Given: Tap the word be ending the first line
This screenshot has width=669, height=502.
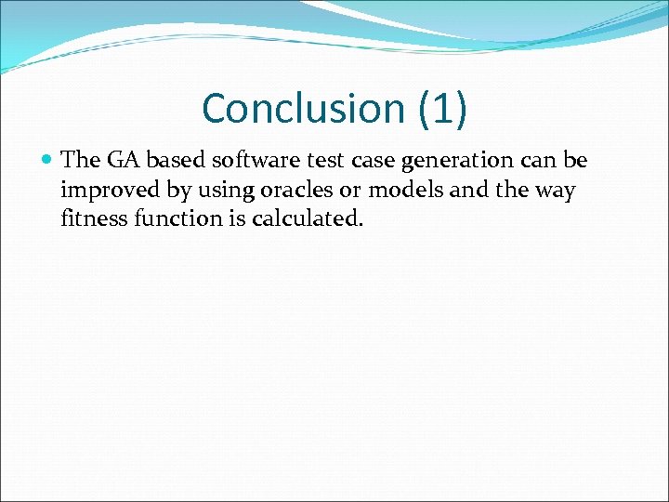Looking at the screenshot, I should coord(576,160).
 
